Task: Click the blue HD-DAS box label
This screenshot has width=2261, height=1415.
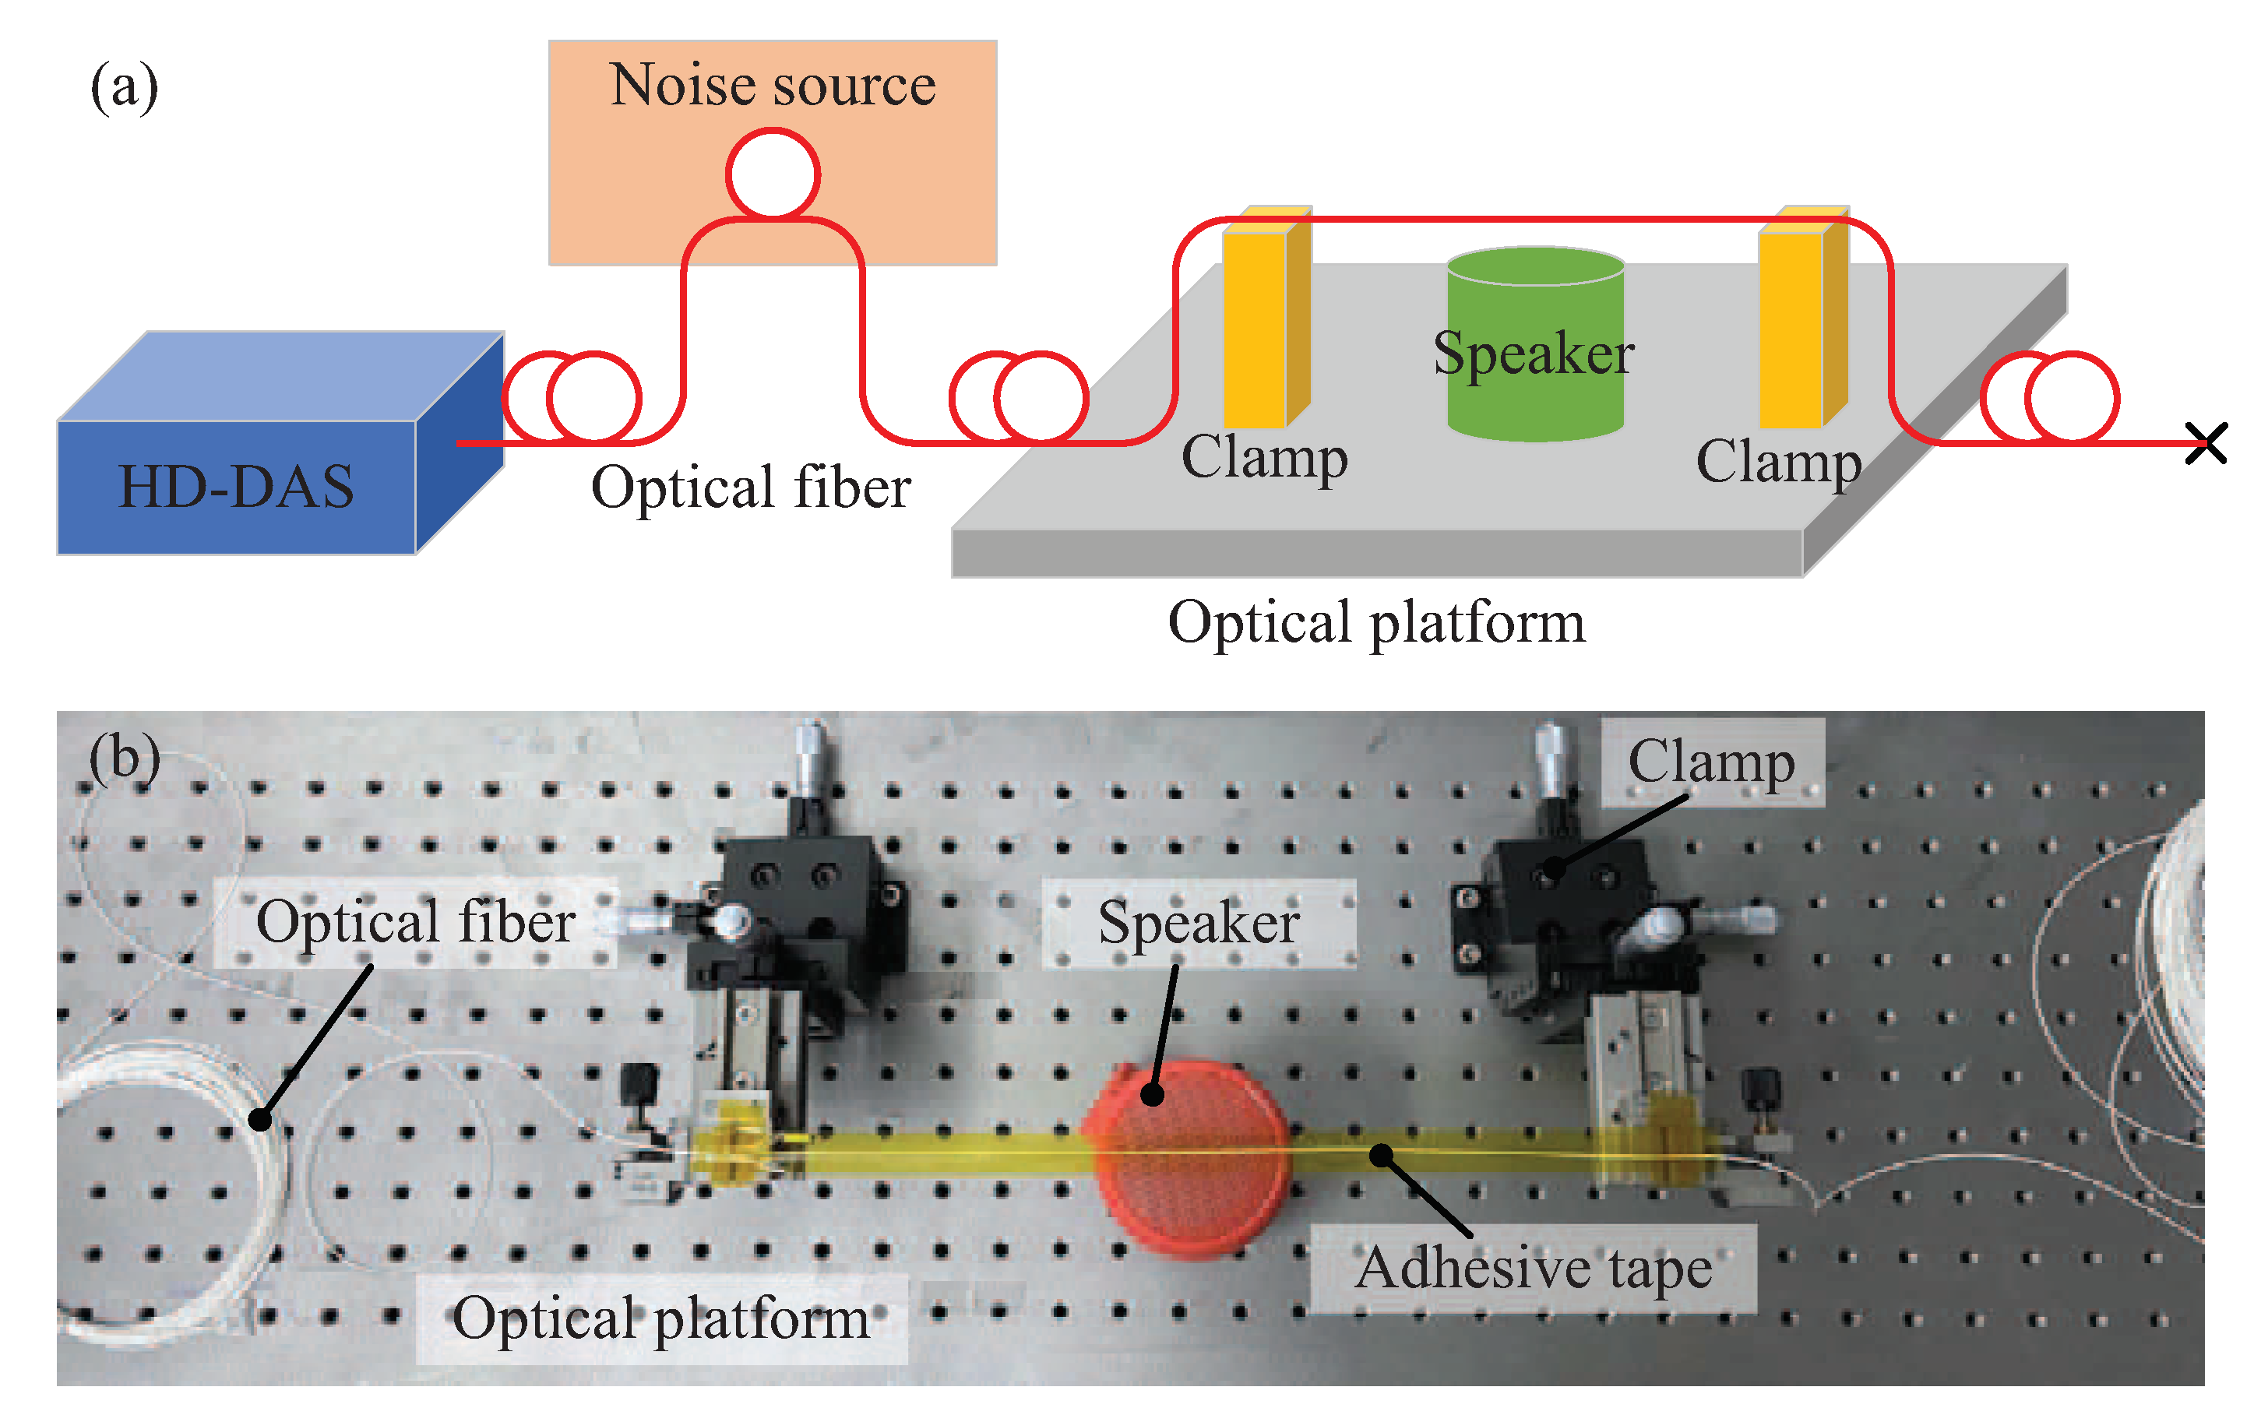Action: (x=236, y=487)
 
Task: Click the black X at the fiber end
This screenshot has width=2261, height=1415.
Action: (x=2206, y=442)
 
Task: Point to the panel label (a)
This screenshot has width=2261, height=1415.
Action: (x=124, y=87)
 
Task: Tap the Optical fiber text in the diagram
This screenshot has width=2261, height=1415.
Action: (x=751, y=488)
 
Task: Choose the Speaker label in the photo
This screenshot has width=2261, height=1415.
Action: (x=1198, y=923)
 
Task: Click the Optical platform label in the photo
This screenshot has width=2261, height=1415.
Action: (x=660, y=1318)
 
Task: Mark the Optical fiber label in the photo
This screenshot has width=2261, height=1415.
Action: (x=414, y=923)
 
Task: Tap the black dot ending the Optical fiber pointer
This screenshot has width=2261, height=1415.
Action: (x=260, y=1118)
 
